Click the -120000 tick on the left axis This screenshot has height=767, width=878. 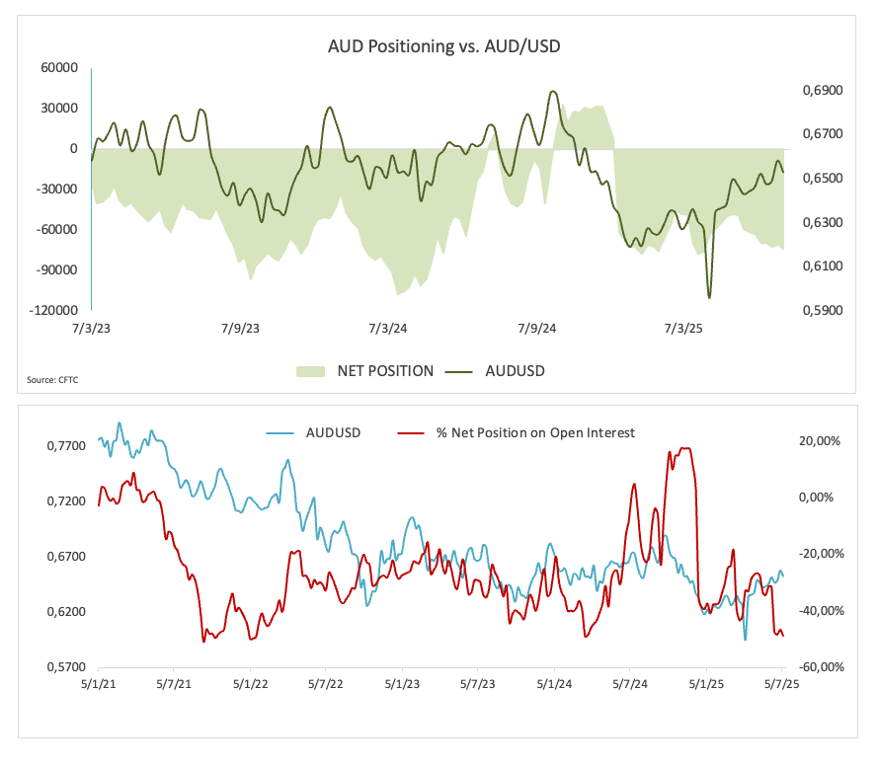click(x=55, y=310)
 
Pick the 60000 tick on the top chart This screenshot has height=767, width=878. click(x=59, y=67)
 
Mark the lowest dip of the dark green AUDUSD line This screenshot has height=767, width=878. click(x=709, y=297)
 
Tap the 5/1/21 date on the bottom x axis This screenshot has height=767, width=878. click(x=100, y=683)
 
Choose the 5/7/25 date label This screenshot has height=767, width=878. click(x=781, y=683)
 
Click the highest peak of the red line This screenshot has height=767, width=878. click(x=685, y=448)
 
